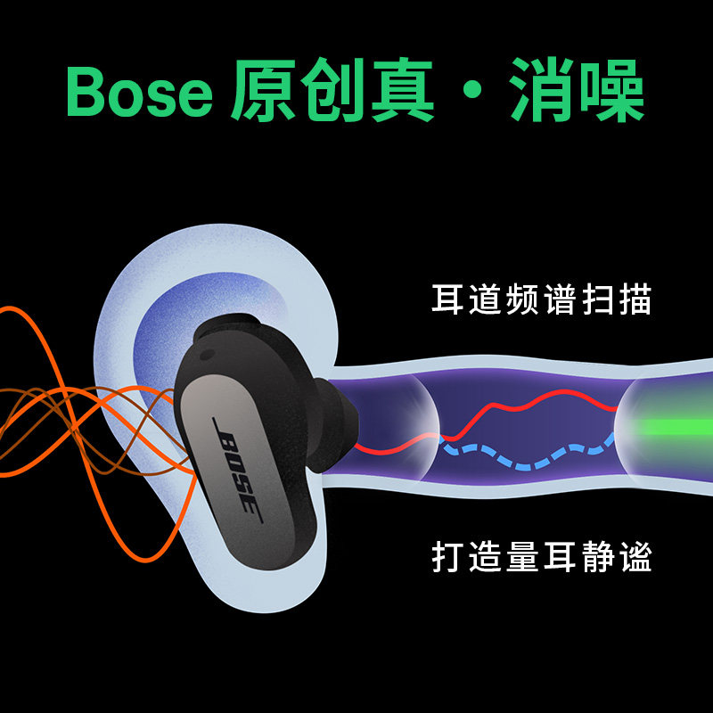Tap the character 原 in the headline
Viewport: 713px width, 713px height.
pos(263,92)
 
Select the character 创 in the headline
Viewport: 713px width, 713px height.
pos(331,92)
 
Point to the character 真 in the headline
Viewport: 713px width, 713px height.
pos(400,92)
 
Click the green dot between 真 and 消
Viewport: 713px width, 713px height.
pos(470,92)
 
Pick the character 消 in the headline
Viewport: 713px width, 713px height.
pos(540,92)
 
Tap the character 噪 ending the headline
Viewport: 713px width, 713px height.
pos(611,92)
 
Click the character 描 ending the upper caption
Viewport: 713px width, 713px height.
pos(634,299)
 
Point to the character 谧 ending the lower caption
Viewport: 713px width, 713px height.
pos(634,557)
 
